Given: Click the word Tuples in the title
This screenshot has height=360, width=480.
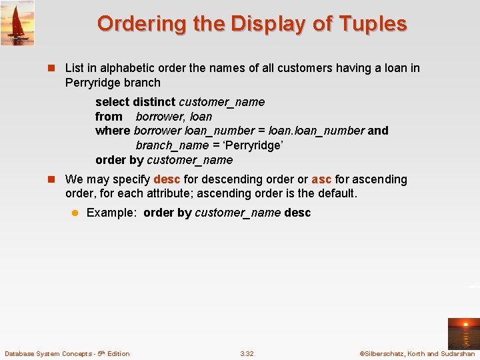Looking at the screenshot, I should [372, 24].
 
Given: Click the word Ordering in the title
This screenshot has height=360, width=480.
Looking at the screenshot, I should [133, 24].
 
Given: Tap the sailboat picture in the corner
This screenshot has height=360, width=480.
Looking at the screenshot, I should [17, 23].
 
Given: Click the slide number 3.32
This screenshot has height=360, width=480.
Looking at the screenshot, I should [247, 353].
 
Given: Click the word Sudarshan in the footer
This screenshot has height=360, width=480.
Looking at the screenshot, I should [460, 353].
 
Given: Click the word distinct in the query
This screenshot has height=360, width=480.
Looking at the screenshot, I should [154, 102].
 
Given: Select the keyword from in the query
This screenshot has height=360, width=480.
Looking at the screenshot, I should [109, 117].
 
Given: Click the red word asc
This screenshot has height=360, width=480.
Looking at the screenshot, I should [321, 179].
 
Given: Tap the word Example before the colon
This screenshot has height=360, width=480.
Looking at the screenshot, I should [111, 213].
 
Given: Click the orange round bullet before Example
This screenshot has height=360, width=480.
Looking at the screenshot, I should [75, 213].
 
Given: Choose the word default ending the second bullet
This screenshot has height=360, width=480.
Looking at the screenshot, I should [337, 193].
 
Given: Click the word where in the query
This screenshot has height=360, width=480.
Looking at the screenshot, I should [113, 131].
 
